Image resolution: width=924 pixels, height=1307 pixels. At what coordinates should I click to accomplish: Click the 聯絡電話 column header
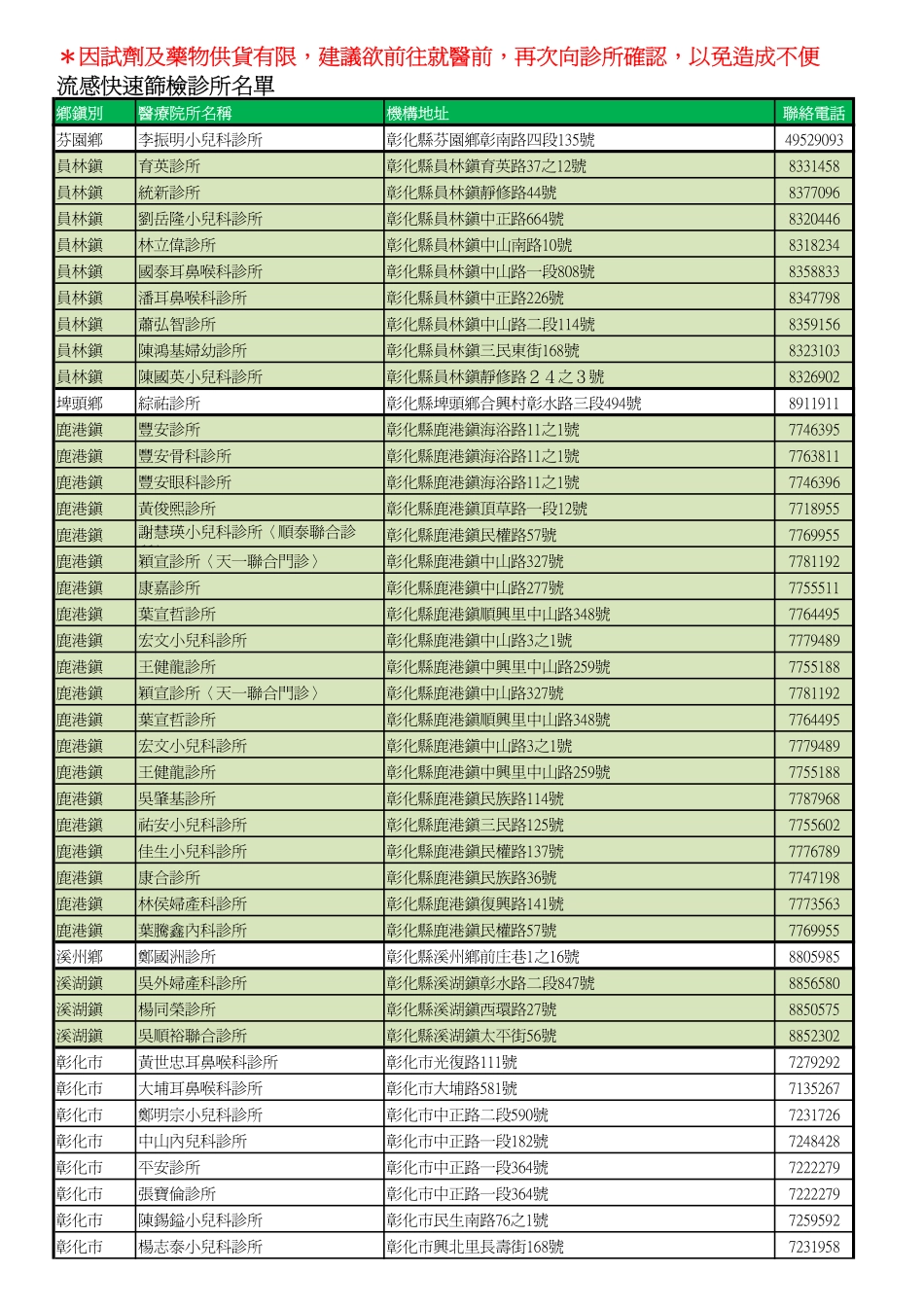pos(814,113)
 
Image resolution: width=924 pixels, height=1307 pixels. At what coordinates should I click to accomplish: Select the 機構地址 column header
pos(417,113)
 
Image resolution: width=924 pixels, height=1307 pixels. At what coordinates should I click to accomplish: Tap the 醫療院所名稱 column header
pos(185,113)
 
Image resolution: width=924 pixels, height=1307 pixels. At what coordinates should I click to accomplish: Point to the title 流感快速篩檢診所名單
pos(165,87)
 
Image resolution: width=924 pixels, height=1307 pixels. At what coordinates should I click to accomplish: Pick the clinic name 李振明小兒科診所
pos(200,140)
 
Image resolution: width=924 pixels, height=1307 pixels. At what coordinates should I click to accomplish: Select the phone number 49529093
pos(814,140)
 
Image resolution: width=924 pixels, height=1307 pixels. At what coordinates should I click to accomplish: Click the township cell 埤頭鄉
pos(80,404)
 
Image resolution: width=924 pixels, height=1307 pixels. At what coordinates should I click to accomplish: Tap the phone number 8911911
pos(814,404)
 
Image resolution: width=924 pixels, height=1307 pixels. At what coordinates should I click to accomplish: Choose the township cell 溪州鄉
pos(80,957)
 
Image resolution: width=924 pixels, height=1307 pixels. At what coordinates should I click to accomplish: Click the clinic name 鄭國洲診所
pos(177,957)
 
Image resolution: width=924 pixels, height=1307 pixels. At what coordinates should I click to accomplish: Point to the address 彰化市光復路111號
pos(452,1062)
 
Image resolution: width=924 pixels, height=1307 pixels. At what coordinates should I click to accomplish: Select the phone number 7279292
pos(814,1062)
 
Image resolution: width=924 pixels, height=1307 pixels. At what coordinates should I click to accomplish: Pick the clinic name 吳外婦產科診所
pos(193,983)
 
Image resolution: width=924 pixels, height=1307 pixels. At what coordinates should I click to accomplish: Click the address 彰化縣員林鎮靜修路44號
pos(472,193)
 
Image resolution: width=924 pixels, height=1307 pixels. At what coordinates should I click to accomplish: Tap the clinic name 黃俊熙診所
pos(177,509)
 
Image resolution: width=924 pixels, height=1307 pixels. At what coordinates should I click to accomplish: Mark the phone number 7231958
pos(814,1247)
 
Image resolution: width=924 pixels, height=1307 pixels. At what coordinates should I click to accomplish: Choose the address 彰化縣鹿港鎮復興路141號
pos(475,904)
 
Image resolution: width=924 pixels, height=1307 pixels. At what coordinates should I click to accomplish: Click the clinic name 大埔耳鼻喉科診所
pos(200,1088)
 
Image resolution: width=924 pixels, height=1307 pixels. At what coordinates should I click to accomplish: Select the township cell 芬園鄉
pos(80,140)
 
